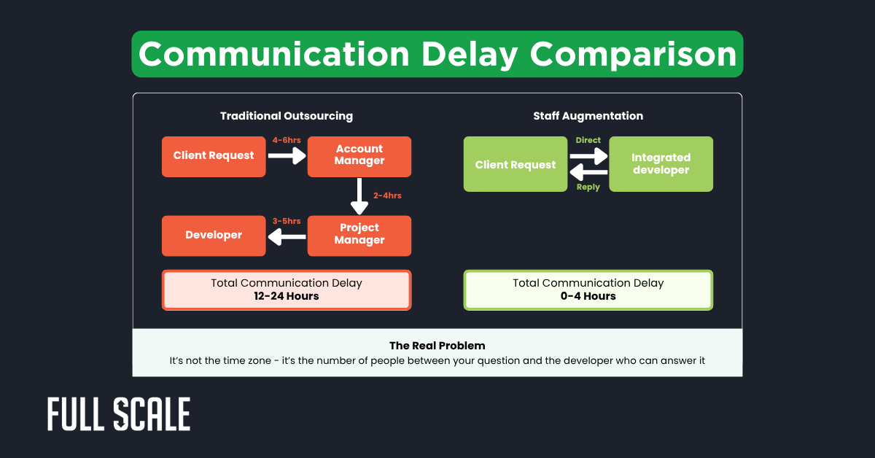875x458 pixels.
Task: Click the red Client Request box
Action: click(214, 156)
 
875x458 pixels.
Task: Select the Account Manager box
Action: click(359, 156)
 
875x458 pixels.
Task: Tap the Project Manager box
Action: click(359, 235)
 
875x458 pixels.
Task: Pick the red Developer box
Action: click(214, 235)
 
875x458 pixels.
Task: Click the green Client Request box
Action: click(516, 165)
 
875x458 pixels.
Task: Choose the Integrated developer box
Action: click(661, 165)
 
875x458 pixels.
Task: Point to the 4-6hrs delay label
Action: click(287, 139)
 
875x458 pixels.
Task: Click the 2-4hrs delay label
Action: click(387, 195)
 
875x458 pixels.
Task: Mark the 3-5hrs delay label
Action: click(287, 221)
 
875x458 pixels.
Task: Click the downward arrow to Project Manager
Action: click(359, 196)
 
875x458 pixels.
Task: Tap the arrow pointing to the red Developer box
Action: click(287, 236)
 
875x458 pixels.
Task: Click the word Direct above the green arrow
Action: click(588, 139)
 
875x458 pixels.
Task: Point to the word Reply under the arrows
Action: click(588, 187)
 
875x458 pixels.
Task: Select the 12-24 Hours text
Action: click(287, 297)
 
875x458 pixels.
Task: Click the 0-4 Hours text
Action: click(588, 297)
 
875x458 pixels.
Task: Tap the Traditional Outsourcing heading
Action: click(287, 116)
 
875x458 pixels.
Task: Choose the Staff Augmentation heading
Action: click(588, 116)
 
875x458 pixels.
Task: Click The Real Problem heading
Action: click(437, 346)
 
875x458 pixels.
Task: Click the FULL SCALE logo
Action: click(119, 415)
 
